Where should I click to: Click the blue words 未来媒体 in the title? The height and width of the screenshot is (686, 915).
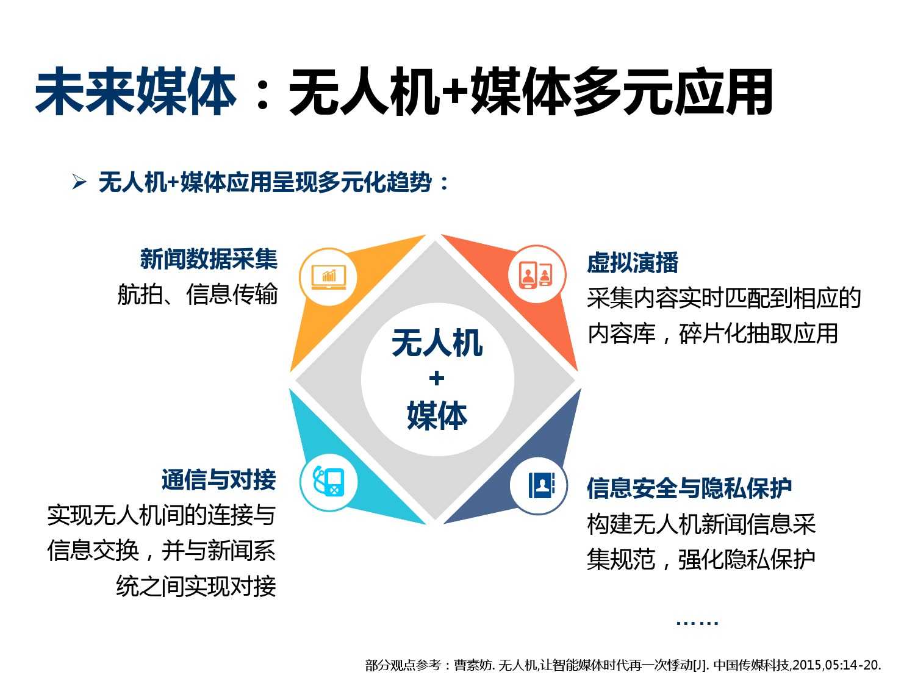coord(136,91)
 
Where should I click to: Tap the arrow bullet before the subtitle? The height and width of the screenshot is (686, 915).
coord(79,182)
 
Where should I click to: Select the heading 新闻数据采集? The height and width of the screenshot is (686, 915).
coord(209,259)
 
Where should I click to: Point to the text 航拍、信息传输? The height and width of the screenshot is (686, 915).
coord(198,294)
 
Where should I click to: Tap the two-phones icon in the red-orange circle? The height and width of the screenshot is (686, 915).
coord(536,274)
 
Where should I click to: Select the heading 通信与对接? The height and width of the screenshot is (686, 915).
coord(219,479)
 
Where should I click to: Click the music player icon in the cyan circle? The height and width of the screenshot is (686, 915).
coord(328,481)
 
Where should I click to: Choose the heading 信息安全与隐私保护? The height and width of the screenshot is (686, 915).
coord(689,488)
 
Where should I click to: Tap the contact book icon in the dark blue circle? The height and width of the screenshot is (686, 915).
coord(541,485)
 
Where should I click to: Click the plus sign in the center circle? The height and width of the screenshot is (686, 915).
coord(436,379)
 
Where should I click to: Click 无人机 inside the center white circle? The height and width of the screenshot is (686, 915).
coord(437,342)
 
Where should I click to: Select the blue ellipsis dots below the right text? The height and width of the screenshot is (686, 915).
coord(697,623)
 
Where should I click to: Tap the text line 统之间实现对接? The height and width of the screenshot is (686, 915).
coord(196,586)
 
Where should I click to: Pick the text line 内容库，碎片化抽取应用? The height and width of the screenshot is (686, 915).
coord(712,333)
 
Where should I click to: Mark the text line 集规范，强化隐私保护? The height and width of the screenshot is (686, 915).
coord(701,559)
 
